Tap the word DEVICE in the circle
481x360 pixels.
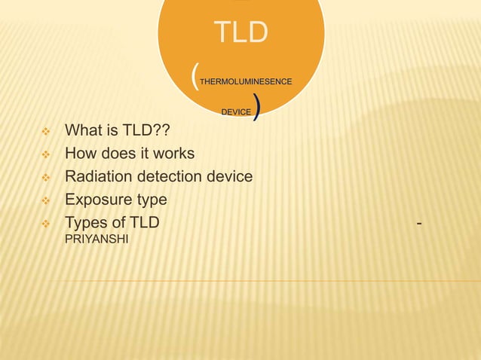point(236,111)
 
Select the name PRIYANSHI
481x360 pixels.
point(97,241)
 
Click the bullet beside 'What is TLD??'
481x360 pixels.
point(46,132)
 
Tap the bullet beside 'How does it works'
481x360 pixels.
point(46,155)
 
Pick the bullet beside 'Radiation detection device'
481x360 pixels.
point(46,178)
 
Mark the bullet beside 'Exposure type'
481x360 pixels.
point(46,201)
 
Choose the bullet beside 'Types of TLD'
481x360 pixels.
point(46,224)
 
